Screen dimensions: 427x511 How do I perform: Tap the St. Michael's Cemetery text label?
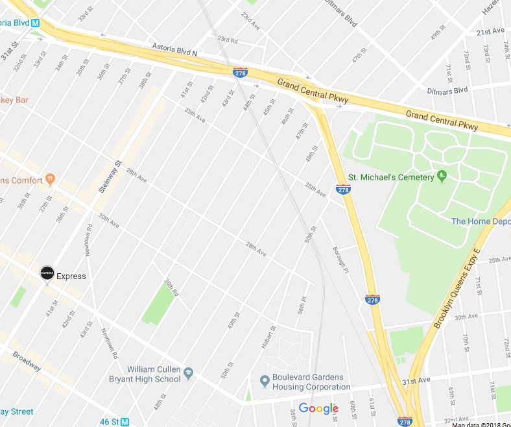click(390, 177)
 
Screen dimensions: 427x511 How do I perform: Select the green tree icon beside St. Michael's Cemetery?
click(442, 175)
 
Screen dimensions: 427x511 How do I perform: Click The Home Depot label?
click(481, 221)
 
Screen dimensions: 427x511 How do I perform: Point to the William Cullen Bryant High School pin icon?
click(189, 373)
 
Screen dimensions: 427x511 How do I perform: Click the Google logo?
click(318, 408)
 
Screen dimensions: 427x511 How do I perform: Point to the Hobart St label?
click(265, 337)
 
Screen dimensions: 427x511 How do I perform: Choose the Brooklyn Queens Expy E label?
click(457, 287)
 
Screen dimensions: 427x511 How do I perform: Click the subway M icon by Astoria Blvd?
click(36, 23)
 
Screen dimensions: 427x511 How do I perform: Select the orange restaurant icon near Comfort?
click(51, 180)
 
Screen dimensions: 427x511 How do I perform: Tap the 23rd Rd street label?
click(228, 40)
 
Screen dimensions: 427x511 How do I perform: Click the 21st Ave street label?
click(490, 32)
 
